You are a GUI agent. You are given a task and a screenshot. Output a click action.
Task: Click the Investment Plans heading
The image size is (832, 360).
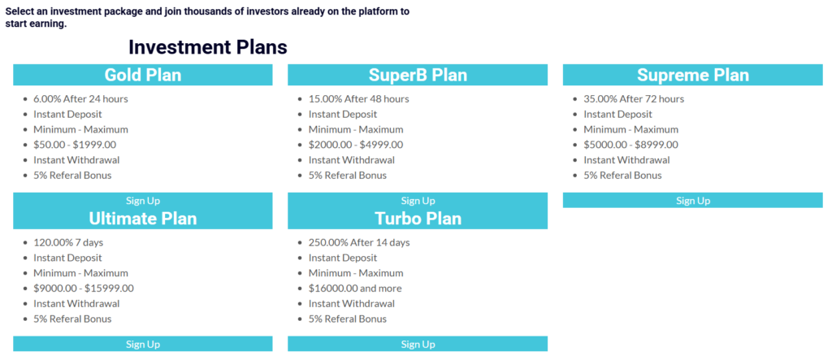pos(208,47)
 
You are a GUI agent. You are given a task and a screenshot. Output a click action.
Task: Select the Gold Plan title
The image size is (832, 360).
pos(143,75)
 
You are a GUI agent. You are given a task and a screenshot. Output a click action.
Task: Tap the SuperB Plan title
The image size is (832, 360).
pos(418,75)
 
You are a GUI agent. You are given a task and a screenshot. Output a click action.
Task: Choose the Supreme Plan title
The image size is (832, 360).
pos(693,75)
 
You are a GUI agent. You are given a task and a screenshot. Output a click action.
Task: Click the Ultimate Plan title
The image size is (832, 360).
pos(143,219)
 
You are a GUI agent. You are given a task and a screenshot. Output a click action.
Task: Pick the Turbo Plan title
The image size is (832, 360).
pos(418,219)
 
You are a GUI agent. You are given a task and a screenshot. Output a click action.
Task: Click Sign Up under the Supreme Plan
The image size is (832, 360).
pos(693,200)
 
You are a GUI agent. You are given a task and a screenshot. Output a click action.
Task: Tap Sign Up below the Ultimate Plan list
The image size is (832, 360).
pos(143,344)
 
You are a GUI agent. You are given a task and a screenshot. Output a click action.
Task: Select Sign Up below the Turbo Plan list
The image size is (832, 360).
pos(418,344)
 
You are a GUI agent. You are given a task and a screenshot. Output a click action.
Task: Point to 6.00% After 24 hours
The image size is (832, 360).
pos(80,99)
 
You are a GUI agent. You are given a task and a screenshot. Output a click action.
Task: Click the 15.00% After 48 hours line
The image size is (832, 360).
pos(358,99)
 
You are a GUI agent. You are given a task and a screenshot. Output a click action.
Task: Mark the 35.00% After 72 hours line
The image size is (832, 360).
pos(634,99)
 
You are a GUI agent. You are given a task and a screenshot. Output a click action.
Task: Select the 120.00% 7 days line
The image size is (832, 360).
pos(68,242)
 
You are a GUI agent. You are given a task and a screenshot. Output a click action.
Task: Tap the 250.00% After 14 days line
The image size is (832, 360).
pos(359,242)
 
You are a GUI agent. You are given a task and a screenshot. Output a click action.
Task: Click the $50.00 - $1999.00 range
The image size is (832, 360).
pos(75,145)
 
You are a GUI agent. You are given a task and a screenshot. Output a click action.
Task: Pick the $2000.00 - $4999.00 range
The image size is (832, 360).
pos(356,145)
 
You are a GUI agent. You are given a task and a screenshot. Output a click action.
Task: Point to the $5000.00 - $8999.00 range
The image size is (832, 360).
pos(630,145)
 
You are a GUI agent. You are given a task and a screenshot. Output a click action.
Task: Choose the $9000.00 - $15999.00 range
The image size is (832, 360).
pos(84,288)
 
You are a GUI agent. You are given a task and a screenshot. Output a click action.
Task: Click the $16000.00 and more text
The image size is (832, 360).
pos(355,288)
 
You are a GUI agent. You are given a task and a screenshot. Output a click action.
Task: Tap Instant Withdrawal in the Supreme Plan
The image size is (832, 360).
pos(626,160)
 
